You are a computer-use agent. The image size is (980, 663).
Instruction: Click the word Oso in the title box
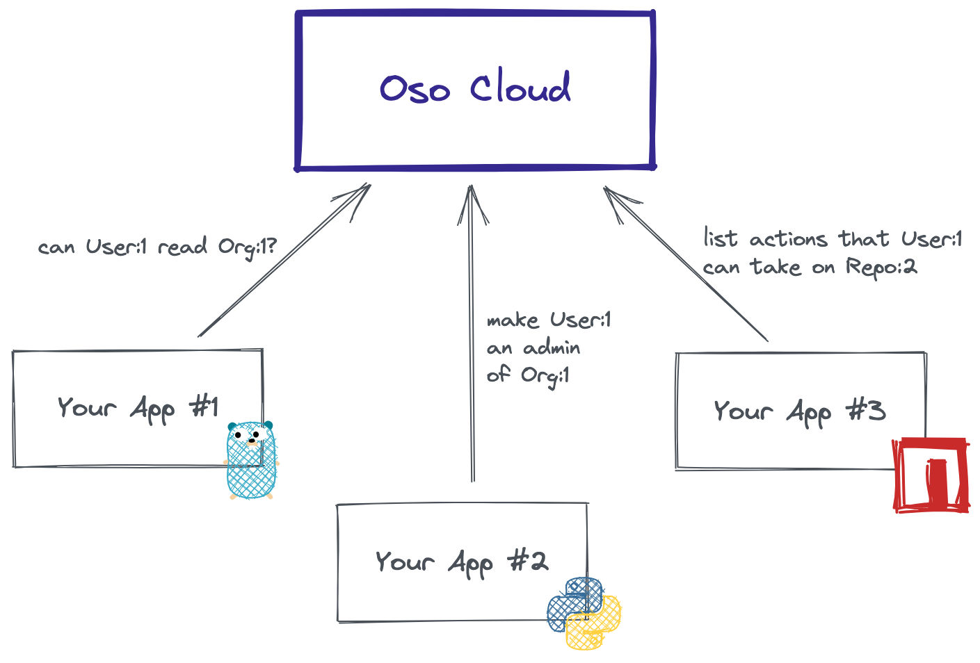click(x=415, y=89)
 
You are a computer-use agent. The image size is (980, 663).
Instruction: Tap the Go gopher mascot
click(x=252, y=460)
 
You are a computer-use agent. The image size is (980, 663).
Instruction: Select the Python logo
click(x=584, y=613)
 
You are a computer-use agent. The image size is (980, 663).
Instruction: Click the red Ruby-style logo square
click(x=931, y=475)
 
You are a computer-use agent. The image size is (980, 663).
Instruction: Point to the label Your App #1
click(x=138, y=409)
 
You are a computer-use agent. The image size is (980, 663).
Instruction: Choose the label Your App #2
click(x=462, y=563)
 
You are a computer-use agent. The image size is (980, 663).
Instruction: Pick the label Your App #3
click(x=800, y=413)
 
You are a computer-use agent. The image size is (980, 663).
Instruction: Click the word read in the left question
click(x=182, y=246)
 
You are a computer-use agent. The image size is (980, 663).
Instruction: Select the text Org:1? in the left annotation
click(x=248, y=247)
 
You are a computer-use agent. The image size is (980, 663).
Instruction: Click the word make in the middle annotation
click(x=513, y=320)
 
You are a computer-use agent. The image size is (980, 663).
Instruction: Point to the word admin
click(x=552, y=348)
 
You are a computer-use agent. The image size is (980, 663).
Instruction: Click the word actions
click(x=788, y=240)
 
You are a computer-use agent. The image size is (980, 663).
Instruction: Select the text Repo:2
click(x=881, y=268)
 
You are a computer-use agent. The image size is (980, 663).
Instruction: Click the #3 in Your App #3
click(x=866, y=411)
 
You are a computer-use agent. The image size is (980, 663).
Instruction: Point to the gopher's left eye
click(x=238, y=435)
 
